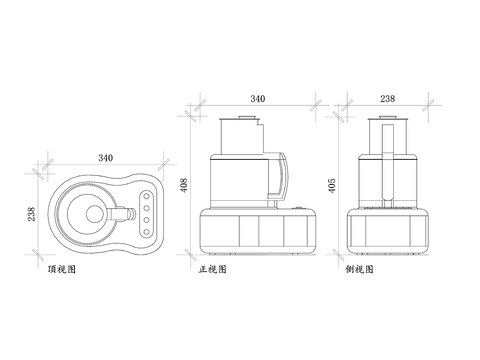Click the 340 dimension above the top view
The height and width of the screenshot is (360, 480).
(104, 158)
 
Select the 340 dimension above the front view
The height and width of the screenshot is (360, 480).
(257, 98)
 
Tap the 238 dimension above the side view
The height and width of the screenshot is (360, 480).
(387, 98)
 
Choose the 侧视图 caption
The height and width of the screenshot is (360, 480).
(359, 270)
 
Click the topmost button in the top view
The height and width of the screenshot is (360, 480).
(146, 196)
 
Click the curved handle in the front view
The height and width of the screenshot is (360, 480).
(283, 175)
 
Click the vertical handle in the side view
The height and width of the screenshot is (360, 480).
(387, 165)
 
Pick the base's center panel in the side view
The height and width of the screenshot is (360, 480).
(387, 230)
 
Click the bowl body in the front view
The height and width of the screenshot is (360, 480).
(240, 180)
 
